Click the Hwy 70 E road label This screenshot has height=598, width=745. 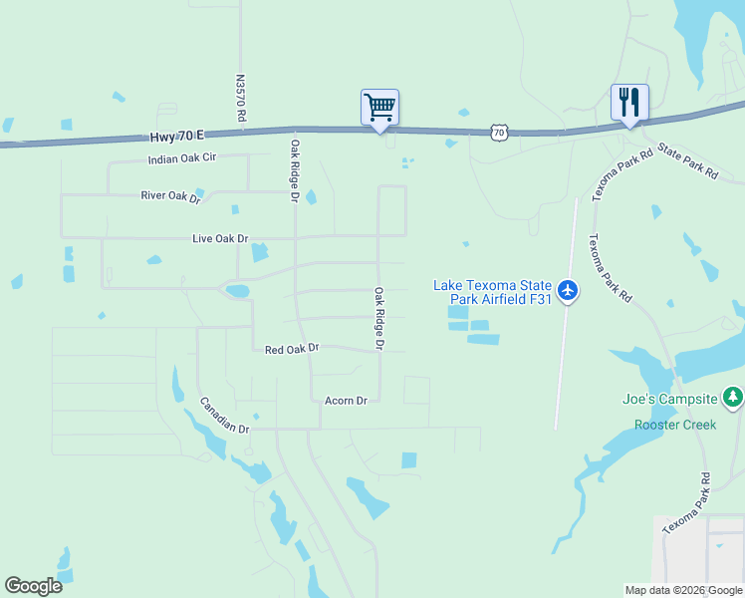177,135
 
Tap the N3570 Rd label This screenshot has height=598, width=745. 241,98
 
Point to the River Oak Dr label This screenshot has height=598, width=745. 170,197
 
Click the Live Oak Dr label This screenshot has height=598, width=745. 220,239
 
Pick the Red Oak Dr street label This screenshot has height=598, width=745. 292,348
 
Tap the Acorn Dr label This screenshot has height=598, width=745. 346,401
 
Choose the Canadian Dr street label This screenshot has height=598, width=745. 224,416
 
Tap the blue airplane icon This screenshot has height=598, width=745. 568,290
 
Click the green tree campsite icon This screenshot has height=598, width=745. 734,398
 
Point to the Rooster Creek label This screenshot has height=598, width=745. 675,425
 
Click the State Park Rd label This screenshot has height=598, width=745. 687,158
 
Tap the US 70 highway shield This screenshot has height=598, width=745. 499,131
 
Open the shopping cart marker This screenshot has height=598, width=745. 379,108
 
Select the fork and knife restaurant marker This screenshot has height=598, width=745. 629,103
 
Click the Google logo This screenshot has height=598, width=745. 33,586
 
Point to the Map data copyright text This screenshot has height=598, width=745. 683,590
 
